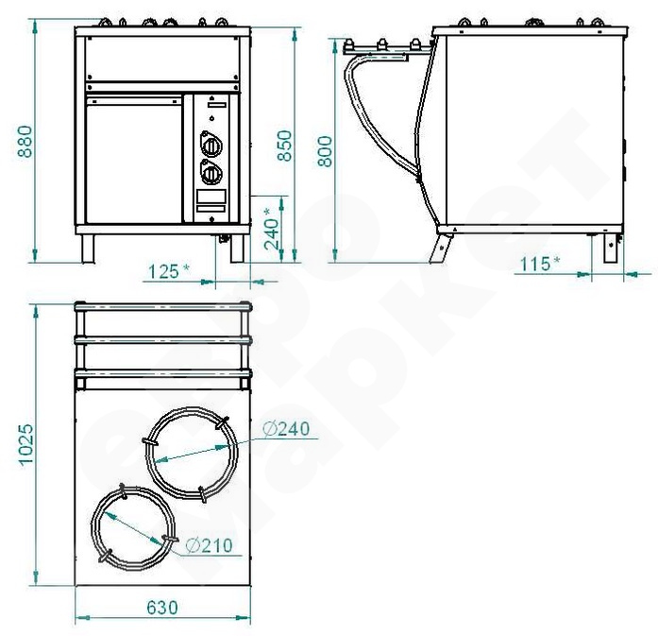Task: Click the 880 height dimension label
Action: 26,142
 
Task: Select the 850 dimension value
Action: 285,146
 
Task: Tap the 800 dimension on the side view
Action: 325,151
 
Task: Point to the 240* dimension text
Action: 272,229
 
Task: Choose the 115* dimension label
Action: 540,265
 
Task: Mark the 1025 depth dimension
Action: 26,444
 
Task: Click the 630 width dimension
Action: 162,608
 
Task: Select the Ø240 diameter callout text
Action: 286,428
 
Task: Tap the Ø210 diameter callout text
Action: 209,545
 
